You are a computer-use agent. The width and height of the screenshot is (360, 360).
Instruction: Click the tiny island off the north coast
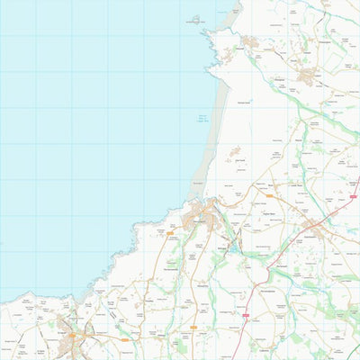194,18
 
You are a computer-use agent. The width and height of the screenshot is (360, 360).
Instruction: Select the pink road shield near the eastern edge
354,194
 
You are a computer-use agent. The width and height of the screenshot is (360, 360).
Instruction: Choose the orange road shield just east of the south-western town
125,339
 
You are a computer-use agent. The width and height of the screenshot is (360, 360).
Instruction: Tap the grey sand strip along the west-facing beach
210,135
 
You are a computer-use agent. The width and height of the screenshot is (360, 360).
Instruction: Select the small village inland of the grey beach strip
235,154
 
